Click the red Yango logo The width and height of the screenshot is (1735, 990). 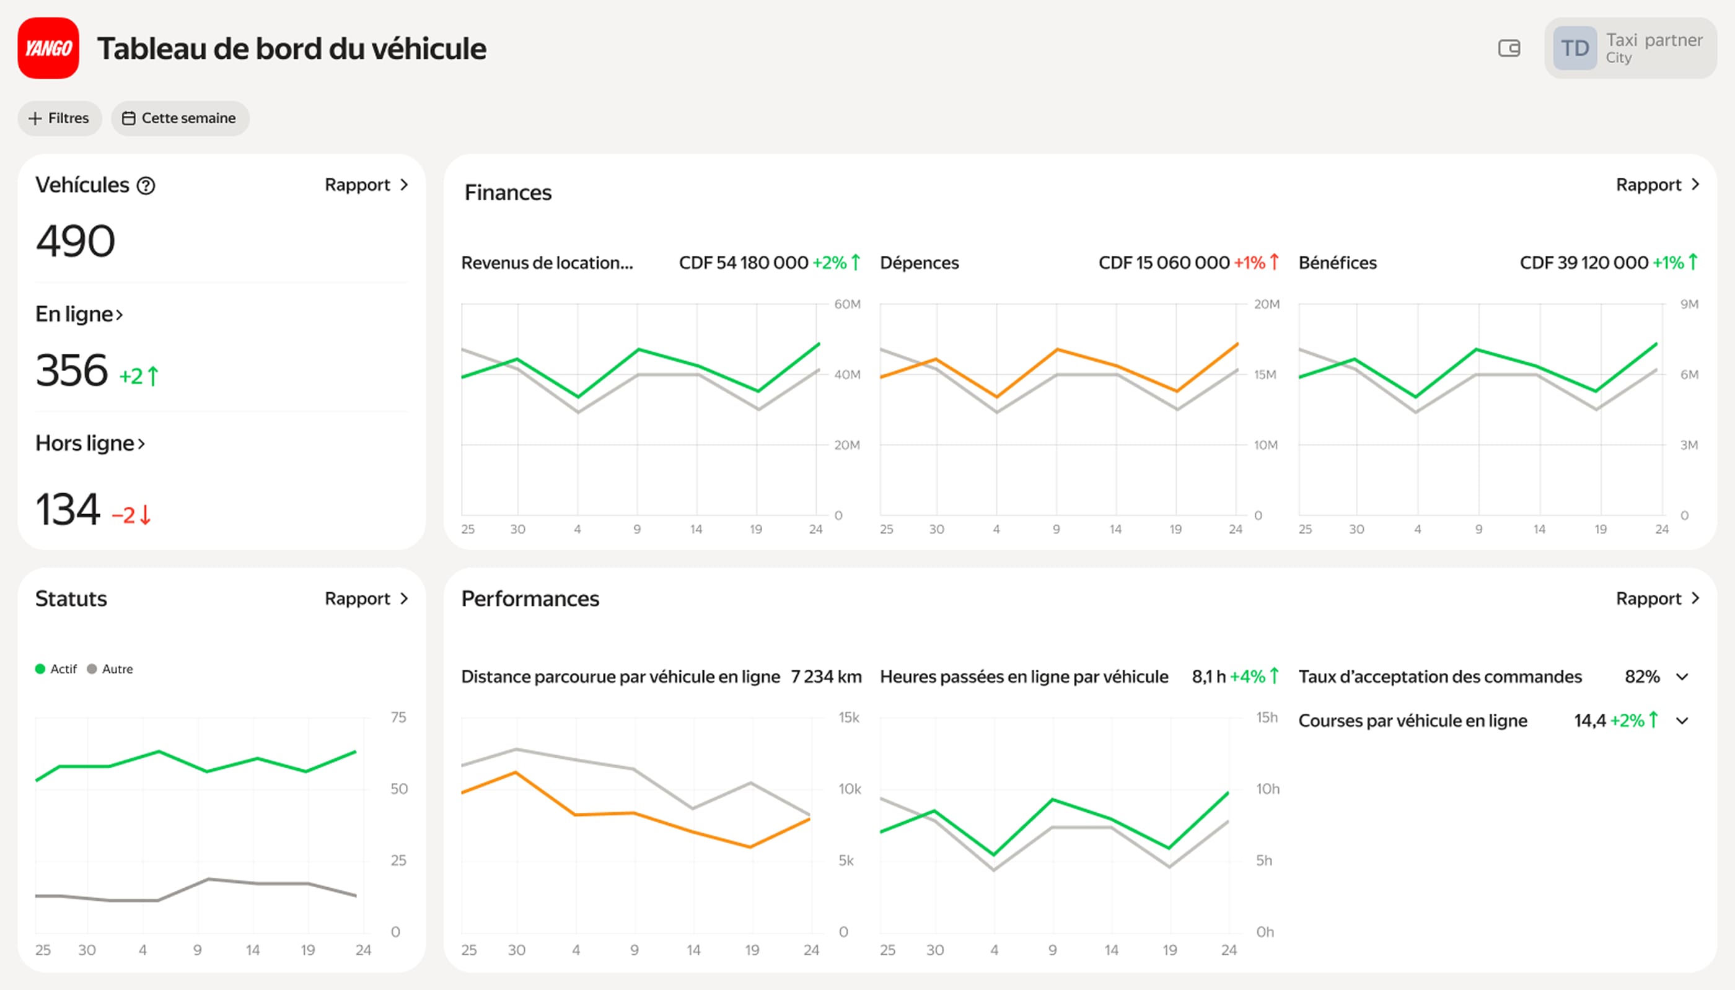(48, 48)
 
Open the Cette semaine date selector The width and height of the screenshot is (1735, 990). (180, 118)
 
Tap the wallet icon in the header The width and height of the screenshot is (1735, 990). (1509, 48)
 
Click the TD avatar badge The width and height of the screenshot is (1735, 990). (1575, 48)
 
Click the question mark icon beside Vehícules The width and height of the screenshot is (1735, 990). (146, 186)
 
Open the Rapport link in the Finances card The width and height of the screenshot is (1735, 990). (1657, 185)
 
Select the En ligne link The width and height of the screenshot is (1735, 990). (79, 314)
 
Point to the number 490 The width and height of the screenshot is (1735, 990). (76, 242)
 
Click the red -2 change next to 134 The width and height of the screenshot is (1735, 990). (131, 515)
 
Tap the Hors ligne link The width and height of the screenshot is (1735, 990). (90, 444)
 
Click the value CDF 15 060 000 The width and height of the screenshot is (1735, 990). (1163, 263)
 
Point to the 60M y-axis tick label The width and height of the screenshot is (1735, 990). (847, 305)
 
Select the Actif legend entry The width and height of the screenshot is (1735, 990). (56, 669)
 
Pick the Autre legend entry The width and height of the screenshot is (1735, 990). (110, 669)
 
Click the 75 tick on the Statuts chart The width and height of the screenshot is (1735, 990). (398, 717)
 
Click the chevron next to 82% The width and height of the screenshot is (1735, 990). (1682, 677)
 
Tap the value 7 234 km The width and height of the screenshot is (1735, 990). (826, 677)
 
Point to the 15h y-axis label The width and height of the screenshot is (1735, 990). (1267, 717)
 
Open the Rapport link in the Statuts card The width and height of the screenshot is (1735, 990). (366, 599)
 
